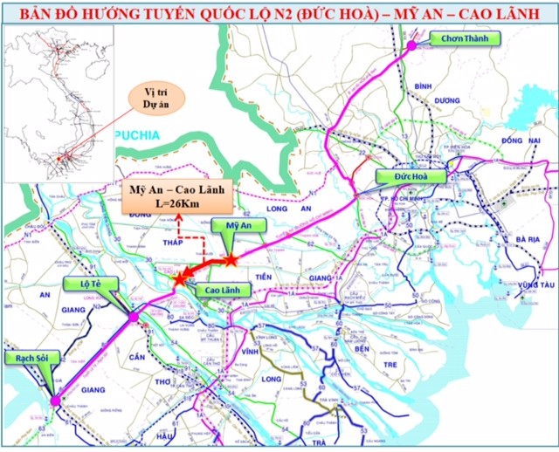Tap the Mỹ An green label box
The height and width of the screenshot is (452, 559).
point(226,225)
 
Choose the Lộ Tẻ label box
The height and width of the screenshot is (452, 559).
point(82,284)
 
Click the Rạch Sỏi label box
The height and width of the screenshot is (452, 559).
point(31,360)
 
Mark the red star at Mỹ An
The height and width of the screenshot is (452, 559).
point(230,259)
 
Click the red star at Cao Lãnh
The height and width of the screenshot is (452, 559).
point(179,280)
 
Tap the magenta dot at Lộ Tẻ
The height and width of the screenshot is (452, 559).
point(134,318)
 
